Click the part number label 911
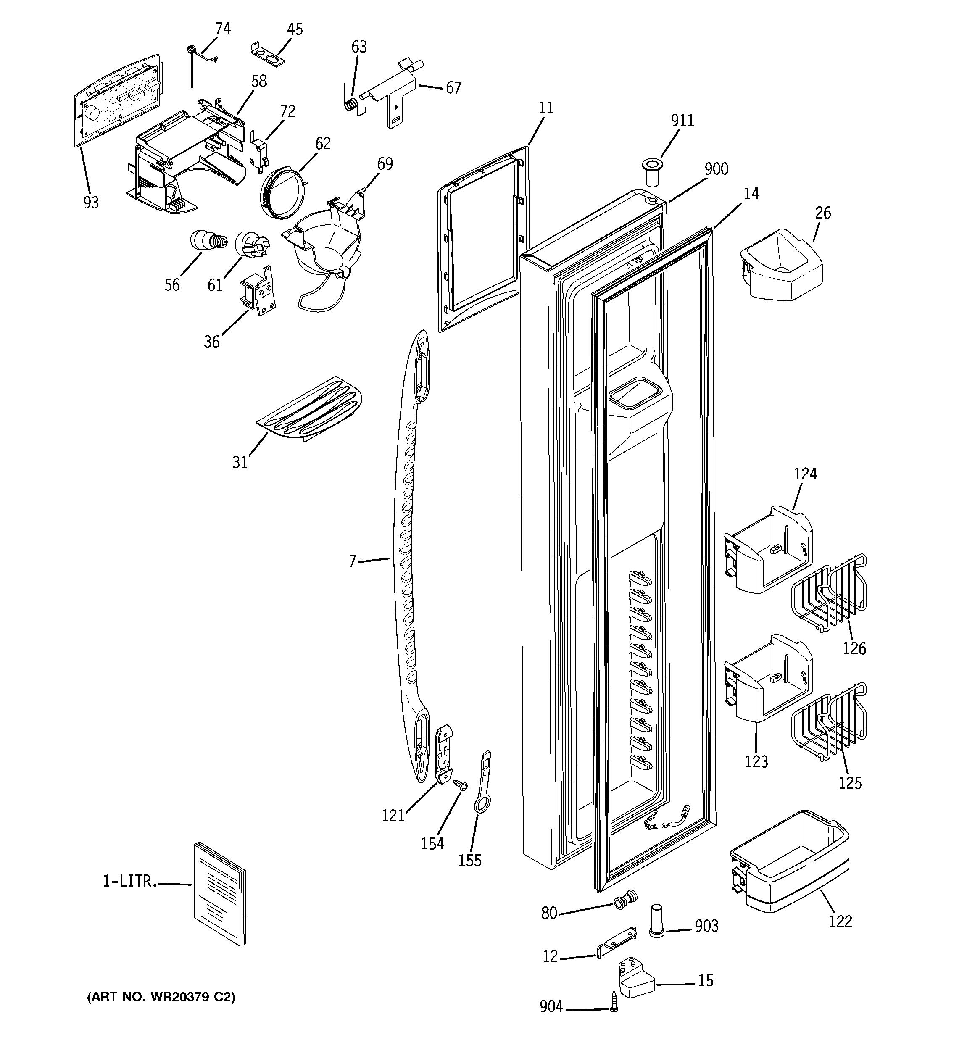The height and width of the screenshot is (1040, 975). click(x=682, y=120)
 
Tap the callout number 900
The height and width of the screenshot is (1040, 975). click(x=716, y=169)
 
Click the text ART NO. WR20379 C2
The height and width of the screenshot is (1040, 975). click(x=161, y=997)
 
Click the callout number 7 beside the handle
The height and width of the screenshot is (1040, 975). click(x=352, y=562)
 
